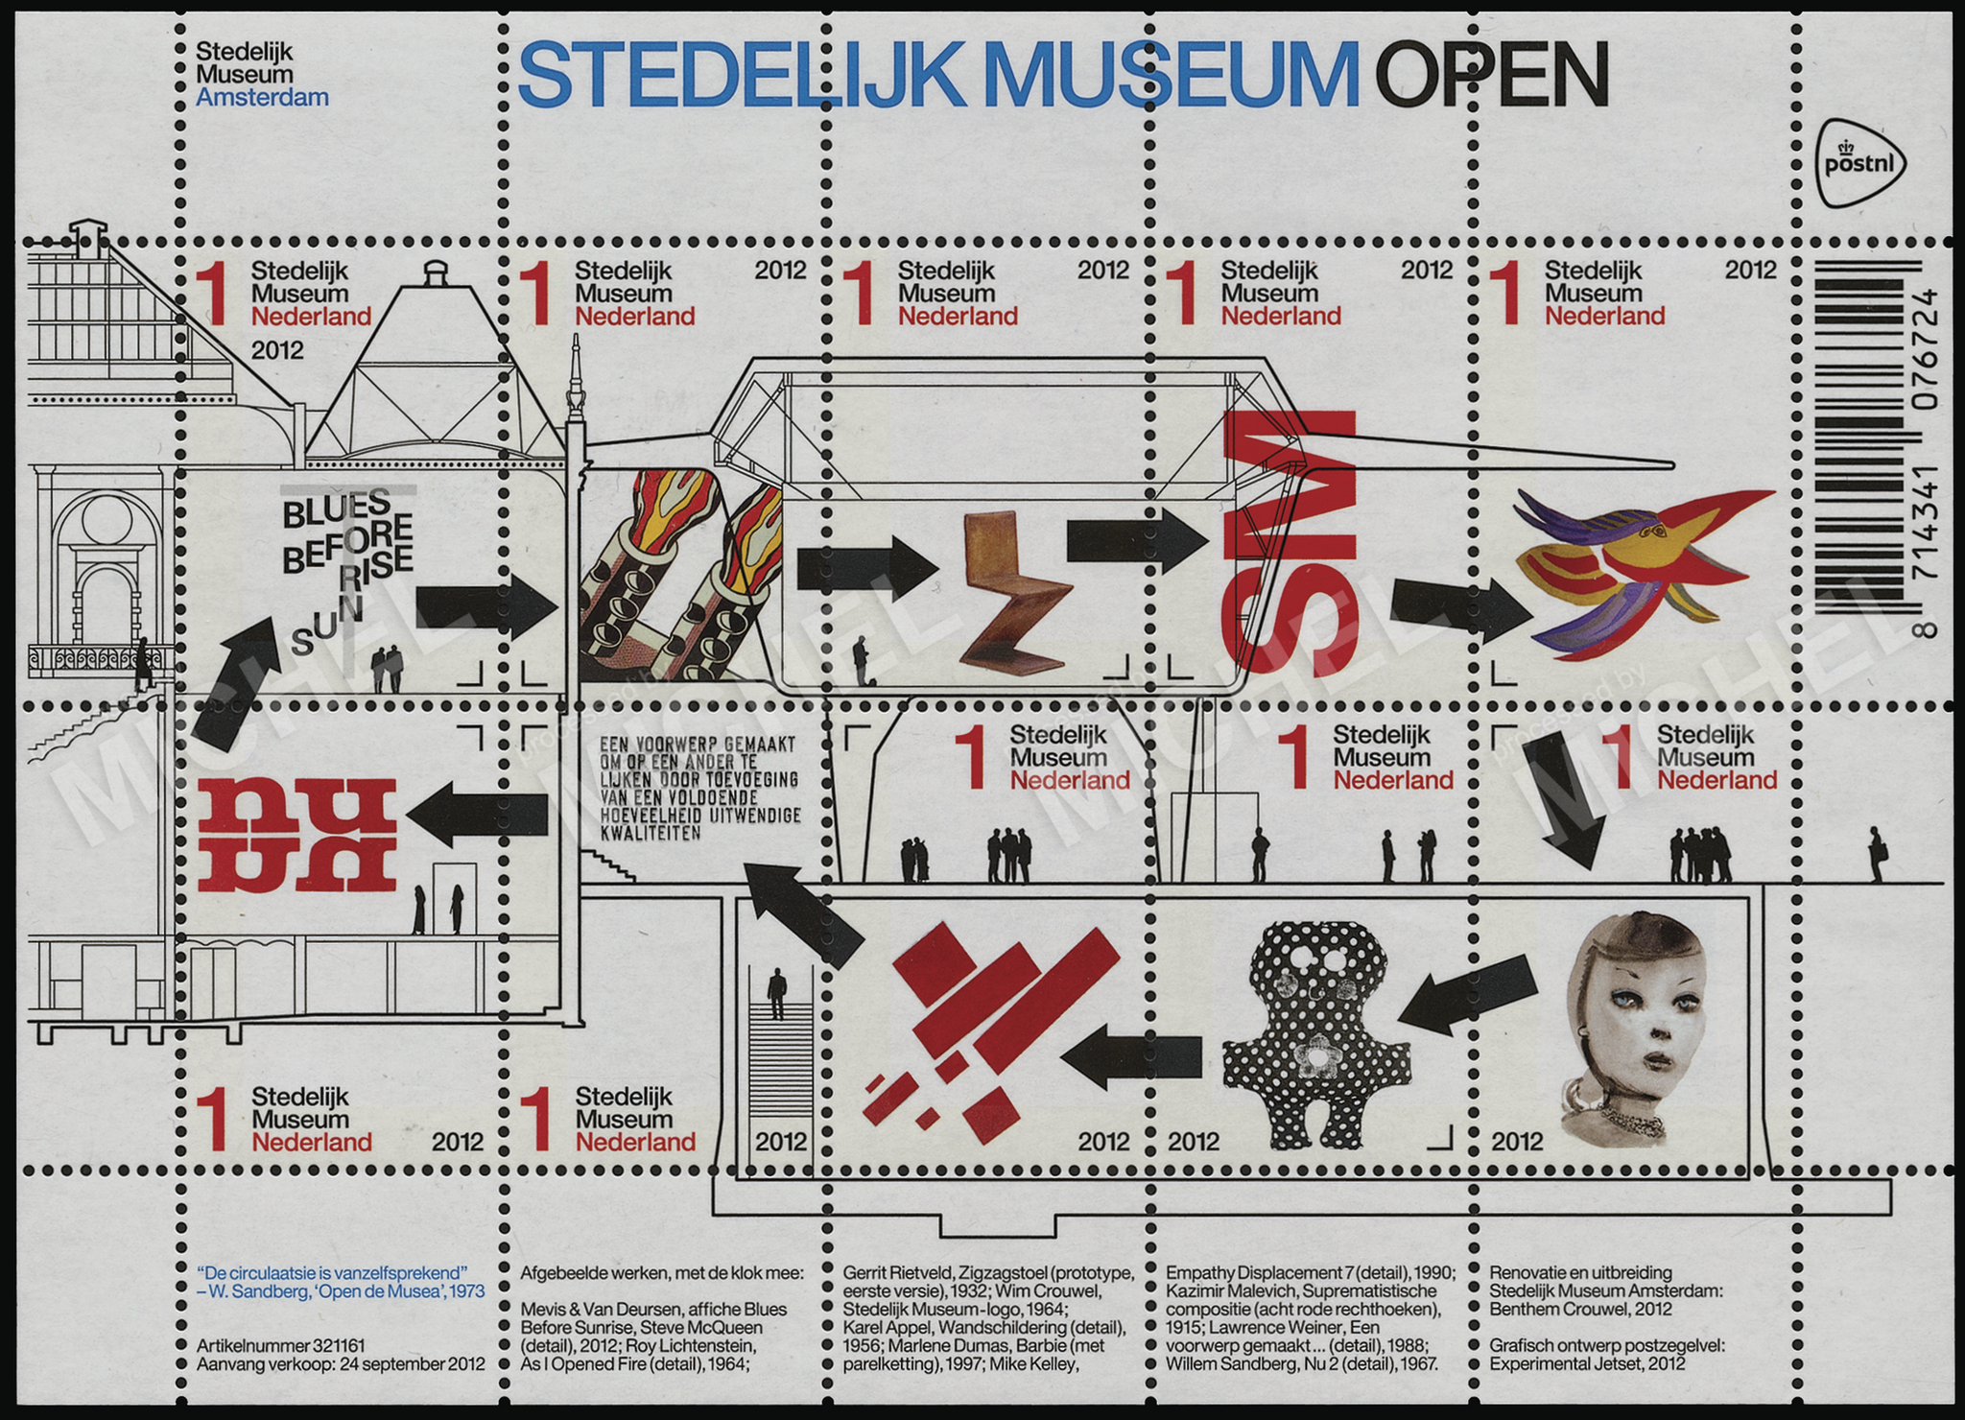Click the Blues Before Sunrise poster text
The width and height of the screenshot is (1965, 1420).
pos(346,566)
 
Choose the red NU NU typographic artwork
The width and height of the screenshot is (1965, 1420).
pos(297,834)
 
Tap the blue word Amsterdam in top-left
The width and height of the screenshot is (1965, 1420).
pos(262,97)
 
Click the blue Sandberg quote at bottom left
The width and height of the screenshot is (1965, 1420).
pos(340,1282)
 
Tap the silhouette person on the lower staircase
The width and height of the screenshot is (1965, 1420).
pos(776,994)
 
